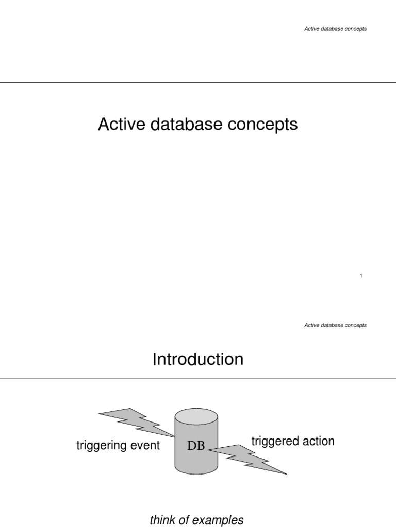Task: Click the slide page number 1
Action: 361,276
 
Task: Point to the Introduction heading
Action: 197,359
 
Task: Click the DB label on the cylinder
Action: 196,446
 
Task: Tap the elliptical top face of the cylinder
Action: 196,415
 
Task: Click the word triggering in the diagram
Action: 101,446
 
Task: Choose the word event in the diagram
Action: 145,445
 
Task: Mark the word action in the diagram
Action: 318,441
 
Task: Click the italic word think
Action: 161,520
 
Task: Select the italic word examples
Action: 220,520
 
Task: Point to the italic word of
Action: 184,520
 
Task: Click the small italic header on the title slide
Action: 335,29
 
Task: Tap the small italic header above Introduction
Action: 335,325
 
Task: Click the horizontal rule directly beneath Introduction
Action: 198,379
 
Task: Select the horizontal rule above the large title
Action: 198,82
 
